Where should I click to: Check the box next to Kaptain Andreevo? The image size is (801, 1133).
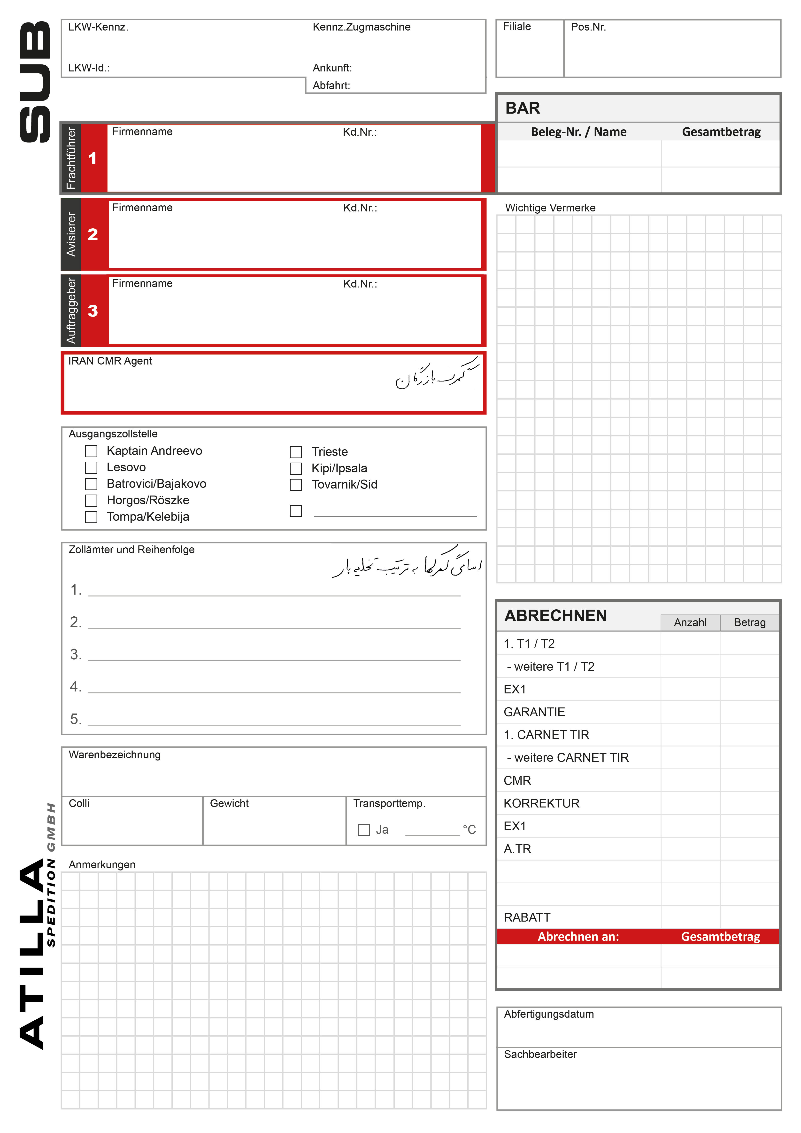coord(91,451)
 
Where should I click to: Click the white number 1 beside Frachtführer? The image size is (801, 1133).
coord(92,158)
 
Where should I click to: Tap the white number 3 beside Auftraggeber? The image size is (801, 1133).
coord(93,311)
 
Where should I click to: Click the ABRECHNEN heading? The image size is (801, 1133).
coord(555,616)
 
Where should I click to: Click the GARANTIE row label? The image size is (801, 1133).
coord(534,712)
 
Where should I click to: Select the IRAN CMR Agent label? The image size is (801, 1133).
coord(110,361)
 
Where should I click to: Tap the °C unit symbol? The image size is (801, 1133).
coord(469,830)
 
